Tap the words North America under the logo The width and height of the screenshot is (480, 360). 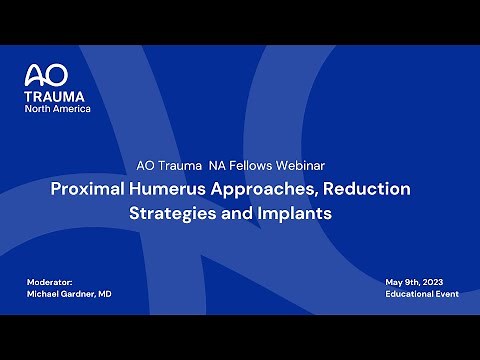(x=57, y=108)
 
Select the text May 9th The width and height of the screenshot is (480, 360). (x=400, y=282)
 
